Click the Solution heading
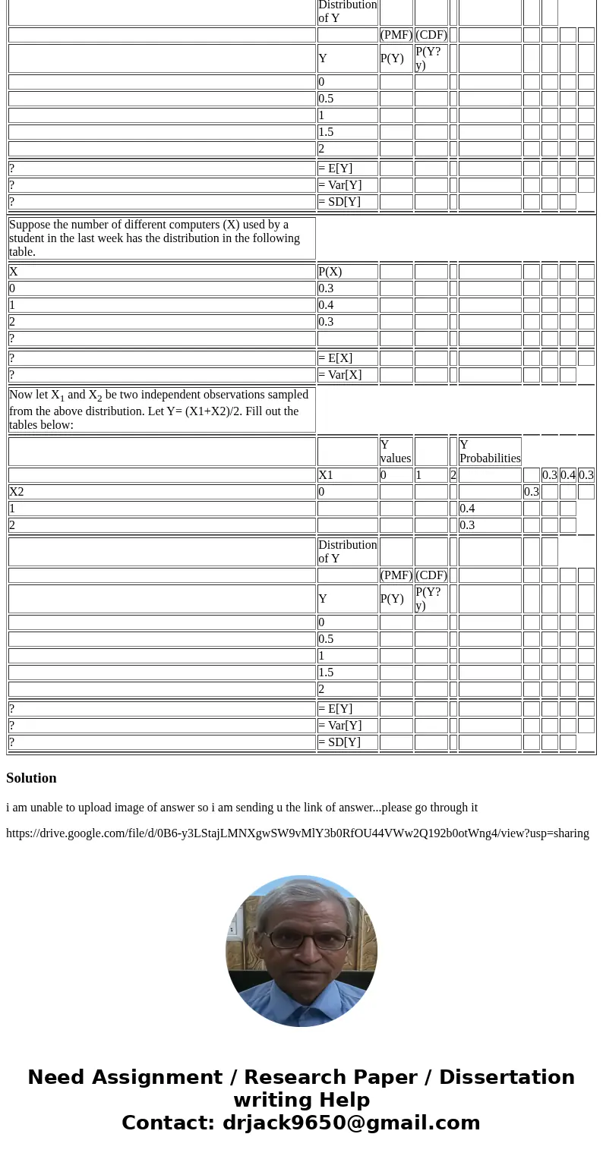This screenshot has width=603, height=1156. (31, 778)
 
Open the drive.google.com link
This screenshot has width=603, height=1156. (297, 833)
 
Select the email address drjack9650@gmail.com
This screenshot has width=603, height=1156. (351, 1123)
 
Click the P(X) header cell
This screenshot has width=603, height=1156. (330, 272)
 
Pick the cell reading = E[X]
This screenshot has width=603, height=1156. (336, 358)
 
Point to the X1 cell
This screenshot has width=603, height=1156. (326, 475)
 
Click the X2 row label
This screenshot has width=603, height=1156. (17, 492)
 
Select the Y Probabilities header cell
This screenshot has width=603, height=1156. (490, 452)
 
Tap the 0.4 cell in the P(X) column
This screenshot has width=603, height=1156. (326, 305)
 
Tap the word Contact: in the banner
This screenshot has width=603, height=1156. (169, 1123)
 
